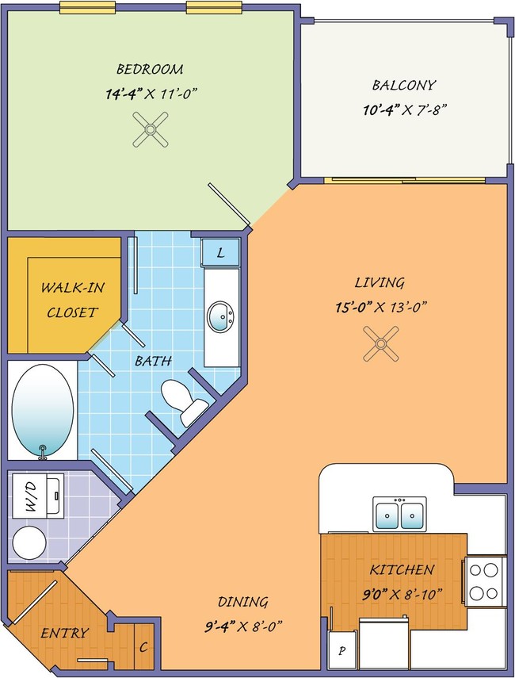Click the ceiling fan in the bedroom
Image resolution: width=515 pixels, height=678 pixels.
coord(151,129)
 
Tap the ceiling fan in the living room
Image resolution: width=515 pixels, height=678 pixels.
coord(380,343)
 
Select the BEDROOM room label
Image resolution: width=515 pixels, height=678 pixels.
coord(150,69)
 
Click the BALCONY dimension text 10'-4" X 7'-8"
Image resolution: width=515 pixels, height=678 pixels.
coord(404,110)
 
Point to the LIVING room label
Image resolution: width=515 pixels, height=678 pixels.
coord(380,282)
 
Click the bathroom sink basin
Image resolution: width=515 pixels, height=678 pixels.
coord(221,317)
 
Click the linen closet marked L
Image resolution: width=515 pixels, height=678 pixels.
coord(220,252)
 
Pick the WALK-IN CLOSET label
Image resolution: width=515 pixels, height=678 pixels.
coord(73,300)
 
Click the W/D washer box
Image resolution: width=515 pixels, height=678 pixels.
coord(38,496)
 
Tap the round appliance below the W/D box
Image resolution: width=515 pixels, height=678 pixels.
coord(29,542)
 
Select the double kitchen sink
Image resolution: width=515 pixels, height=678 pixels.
coord(399,514)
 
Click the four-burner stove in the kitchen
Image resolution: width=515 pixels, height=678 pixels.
coord(484,581)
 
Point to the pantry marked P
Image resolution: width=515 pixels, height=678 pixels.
coord(342,650)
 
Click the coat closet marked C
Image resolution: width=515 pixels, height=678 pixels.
coord(144,646)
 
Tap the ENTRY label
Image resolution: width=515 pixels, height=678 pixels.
coord(65,634)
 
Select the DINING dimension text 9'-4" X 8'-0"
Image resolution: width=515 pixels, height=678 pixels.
coord(243,626)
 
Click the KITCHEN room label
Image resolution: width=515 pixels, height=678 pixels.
coord(402,570)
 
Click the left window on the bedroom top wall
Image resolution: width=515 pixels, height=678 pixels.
coord(88,7)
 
